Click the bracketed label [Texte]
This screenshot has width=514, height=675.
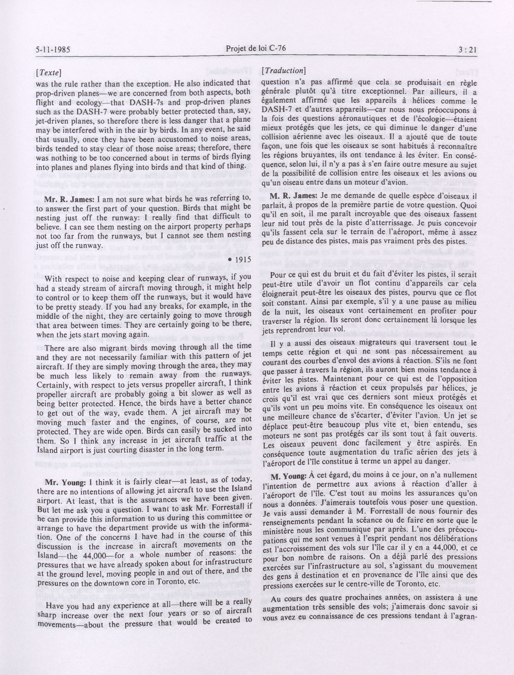49,73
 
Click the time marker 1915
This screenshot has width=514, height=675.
242,259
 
